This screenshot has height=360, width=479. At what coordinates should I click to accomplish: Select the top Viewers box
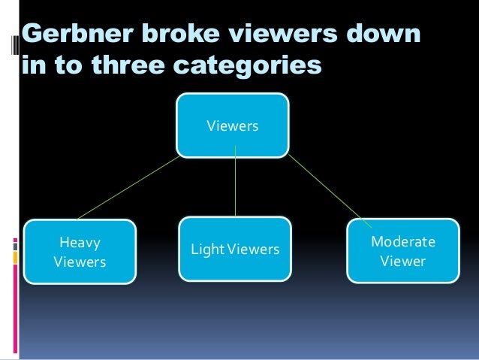point(233,126)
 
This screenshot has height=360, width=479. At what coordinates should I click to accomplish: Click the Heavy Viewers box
point(80,252)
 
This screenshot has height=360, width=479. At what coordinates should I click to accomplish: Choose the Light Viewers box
point(235,248)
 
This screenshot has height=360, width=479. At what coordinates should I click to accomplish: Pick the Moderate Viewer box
point(402,251)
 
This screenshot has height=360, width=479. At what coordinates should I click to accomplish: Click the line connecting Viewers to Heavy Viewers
point(128,187)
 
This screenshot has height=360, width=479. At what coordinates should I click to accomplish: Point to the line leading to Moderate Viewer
point(328,190)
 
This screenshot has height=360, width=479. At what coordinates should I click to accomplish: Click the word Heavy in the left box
point(80,243)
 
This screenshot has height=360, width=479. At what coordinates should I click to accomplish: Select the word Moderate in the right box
point(403,242)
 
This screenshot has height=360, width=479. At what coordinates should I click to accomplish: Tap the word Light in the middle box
point(206,249)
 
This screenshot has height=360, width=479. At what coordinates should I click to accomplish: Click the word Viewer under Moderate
point(403,262)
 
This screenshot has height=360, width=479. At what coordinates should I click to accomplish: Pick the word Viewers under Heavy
point(80,262)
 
